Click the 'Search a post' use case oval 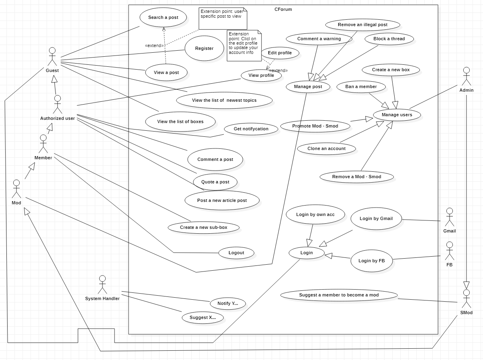click(x=163, y=18)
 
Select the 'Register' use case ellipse click(x=204, y=49)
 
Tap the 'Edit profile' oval click(x=280, y=53)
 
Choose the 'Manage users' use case click(x=397, y=115)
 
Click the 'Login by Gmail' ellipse click(x=376, y=219)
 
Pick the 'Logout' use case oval click(x=236, y=253)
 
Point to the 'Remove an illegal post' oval click(x=362, y=25)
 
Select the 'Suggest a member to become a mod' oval click(x=339, y=295)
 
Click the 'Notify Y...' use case click(x=227, y=304)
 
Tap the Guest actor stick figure click(x=52, y=57)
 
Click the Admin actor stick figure click(x=466, y=76)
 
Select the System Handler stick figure click(x=102, y=285)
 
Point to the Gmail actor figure click(x=449, y=217)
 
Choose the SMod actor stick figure click(x=466, y=298)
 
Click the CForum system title click(x=283, y=9)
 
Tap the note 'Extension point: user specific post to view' click(x=223, y=19)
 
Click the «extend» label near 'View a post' click(x=154, y=45)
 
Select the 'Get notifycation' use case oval click(x=251, y=129)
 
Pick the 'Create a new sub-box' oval click(x=203, y=228)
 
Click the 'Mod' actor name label click(x=16, y=203)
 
